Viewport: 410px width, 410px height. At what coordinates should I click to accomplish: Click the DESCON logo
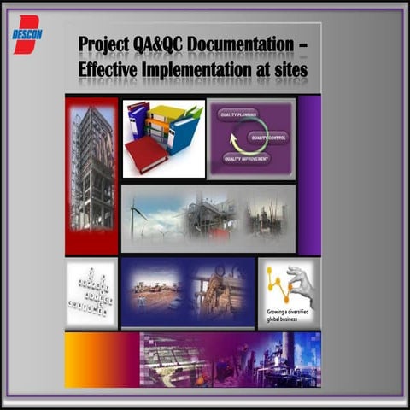26,33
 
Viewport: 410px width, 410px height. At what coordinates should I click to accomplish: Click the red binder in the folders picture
146,155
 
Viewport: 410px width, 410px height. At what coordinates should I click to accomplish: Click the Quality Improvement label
245,158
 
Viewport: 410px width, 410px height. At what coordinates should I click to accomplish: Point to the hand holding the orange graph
300,281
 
